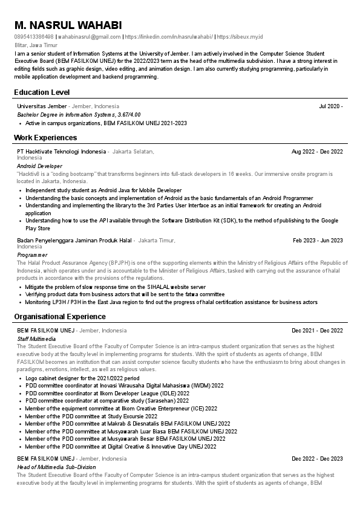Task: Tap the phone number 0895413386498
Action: (33, 37)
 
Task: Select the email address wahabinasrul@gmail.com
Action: (90, 37)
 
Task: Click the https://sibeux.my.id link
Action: (240, 37)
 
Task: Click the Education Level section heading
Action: (42, 92)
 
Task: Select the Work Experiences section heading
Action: (45, 137)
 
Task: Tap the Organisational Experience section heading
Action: (60, 316)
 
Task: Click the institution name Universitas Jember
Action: (42, 106)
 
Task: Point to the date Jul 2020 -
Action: (331, 106)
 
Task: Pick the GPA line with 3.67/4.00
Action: (79, 114)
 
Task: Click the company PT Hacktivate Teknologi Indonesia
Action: (61, 151)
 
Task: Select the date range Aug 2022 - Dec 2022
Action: (317, 152)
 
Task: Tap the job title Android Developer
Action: (39, 166)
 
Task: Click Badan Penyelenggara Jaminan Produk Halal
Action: (74, 240)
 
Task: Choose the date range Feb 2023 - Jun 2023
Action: (318, 241)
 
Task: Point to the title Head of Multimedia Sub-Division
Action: (56, 467)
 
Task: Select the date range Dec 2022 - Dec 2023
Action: (317, 459)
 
